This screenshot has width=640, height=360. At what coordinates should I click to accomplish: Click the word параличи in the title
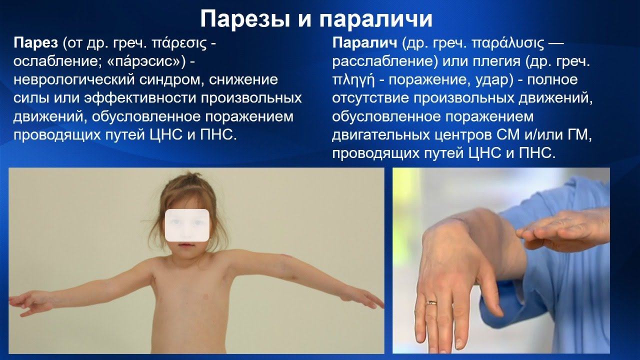pyautogui.click(x=375, y=19)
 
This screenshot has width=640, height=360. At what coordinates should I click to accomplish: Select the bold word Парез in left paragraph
pyautogui.click(x=35, y=43)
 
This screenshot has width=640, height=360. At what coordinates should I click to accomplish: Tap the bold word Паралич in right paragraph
pyautogui.click(x=365, y=43)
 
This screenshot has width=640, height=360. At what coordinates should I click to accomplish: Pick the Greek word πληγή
pyautogui.click(x=353, y=80)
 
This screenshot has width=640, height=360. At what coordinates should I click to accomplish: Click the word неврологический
pyautogui.click(x=74, y=80)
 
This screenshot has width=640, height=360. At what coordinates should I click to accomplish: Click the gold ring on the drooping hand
pyautogui.click(x=431, y=303)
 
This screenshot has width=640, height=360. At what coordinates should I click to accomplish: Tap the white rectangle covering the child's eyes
pyautogui.click(x=187, y=225)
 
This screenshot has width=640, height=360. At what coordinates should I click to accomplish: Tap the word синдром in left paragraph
pyautogui.click(x=171, y=80)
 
